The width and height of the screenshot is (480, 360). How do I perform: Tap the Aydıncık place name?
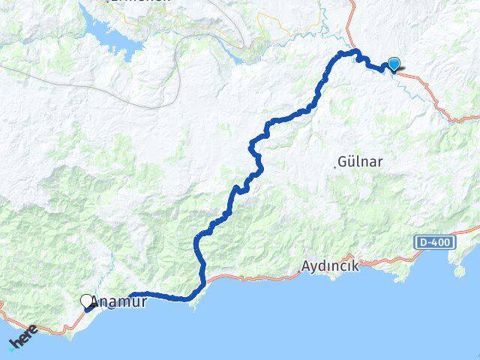point(330,266)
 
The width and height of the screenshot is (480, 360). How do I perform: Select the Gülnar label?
point(359,161)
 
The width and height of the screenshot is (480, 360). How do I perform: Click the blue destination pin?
point(393,65)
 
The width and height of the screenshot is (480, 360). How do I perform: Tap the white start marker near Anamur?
point(87,301)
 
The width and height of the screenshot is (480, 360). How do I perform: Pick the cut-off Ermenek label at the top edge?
point(139,2)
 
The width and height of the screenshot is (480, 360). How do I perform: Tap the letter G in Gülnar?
point(343,161)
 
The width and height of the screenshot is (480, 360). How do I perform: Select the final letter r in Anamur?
point(143,304)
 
